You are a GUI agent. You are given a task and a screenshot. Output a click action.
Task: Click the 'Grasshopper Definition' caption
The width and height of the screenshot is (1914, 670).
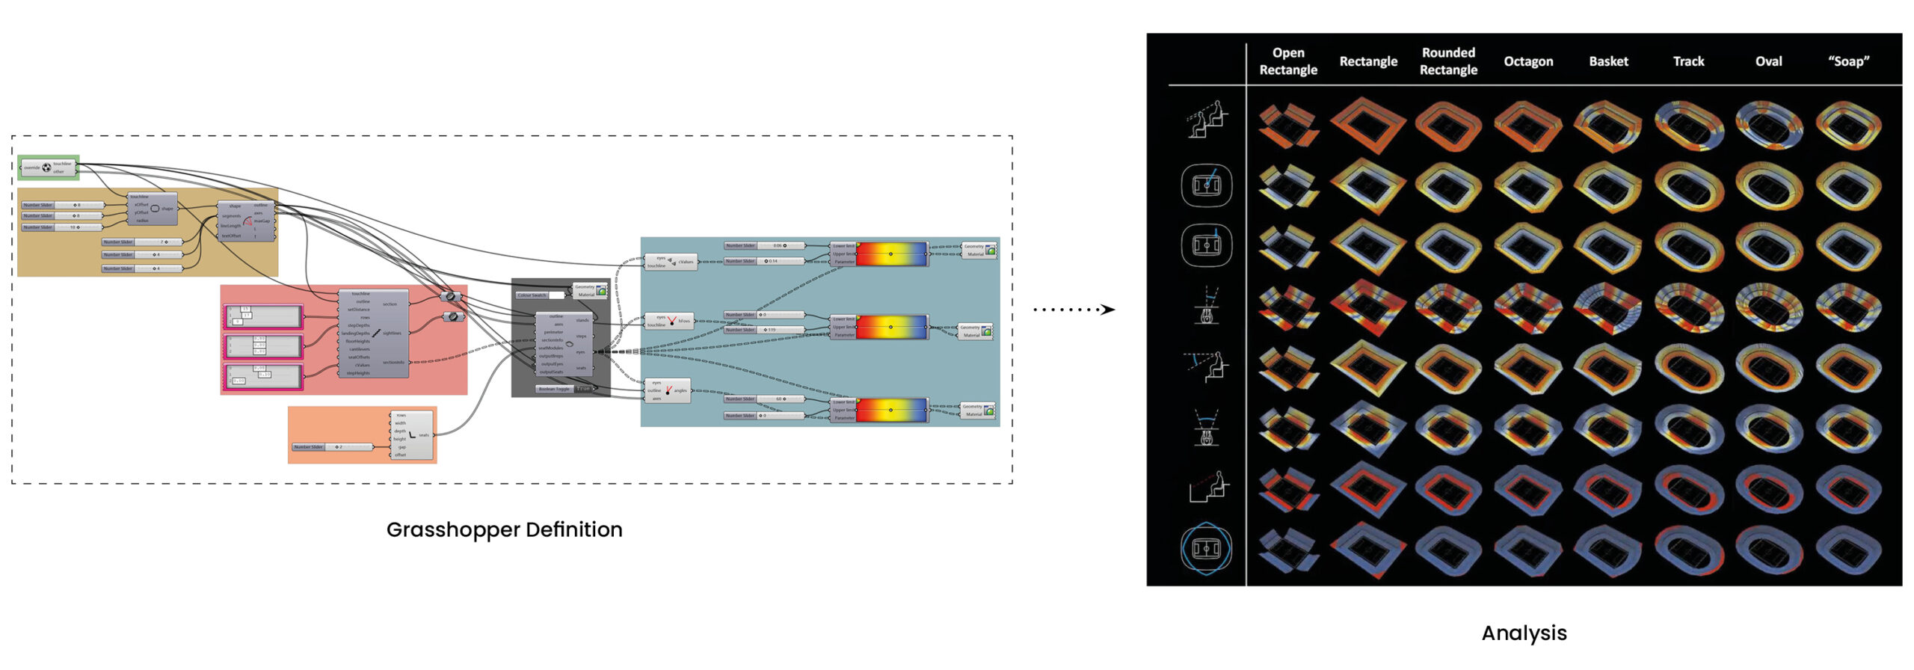504,529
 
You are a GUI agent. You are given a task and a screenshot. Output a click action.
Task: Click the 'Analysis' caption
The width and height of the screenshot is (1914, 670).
1524,633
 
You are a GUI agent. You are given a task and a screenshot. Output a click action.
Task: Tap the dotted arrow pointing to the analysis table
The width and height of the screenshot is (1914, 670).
1074,309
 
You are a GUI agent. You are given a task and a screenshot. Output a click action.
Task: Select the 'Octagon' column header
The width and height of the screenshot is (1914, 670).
1528,61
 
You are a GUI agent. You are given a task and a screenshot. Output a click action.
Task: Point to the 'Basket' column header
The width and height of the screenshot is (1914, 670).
1608,61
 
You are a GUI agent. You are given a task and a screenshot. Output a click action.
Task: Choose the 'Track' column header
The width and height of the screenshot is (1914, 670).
1688,61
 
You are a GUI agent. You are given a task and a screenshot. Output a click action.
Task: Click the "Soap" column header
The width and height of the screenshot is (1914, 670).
1848,61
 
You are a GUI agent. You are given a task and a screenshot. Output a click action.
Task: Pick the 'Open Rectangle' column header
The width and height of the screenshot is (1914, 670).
1288,61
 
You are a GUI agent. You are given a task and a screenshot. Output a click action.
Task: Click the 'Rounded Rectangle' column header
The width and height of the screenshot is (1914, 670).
1448,61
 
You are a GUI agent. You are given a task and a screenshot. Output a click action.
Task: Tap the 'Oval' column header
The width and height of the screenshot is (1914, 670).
1768,61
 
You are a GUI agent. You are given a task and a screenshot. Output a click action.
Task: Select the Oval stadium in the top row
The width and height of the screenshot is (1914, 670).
1768,125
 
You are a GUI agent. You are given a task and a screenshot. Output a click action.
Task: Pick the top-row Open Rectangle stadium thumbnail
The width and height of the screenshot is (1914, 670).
1287,125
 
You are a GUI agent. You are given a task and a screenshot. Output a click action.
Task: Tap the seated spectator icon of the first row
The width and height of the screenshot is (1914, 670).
1206,120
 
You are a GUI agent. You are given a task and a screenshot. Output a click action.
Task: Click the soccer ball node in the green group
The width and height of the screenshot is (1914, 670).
46,167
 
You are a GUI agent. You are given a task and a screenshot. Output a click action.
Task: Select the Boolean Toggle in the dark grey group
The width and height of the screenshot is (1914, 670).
564,389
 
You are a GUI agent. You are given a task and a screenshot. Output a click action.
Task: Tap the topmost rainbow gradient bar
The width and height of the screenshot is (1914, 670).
890,253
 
